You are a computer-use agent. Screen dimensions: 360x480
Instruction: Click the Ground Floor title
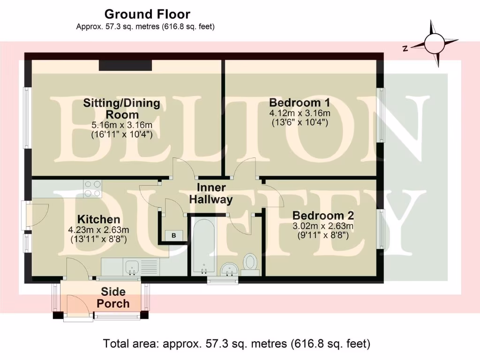tap(147, 14)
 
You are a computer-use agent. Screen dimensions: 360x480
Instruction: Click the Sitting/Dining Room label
tap(121, 109)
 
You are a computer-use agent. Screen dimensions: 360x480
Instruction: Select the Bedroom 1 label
tap(300, 102)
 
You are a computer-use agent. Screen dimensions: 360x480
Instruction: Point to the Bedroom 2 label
tap(322, 216)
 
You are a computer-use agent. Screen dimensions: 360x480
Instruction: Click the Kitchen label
tap(98, 219)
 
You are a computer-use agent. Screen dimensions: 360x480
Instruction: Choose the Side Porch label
tap(113, 298)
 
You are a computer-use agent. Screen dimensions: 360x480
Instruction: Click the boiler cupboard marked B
tap(173, 235)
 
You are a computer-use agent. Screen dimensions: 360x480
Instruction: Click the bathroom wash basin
tap(230, 269)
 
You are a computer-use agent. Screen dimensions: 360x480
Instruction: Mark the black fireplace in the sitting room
tap(126, 66)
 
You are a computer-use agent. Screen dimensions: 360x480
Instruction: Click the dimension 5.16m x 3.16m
tap(121, 125)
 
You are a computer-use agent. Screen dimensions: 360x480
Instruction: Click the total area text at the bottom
tap(237, 344)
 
